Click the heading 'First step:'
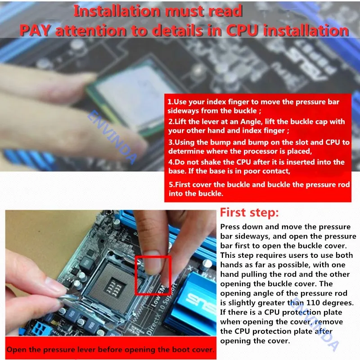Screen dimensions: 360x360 [249, 212]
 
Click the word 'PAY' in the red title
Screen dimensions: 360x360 [35, 31]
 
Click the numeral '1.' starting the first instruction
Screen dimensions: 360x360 [171, 102]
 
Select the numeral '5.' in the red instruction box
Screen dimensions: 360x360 [172, 184]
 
